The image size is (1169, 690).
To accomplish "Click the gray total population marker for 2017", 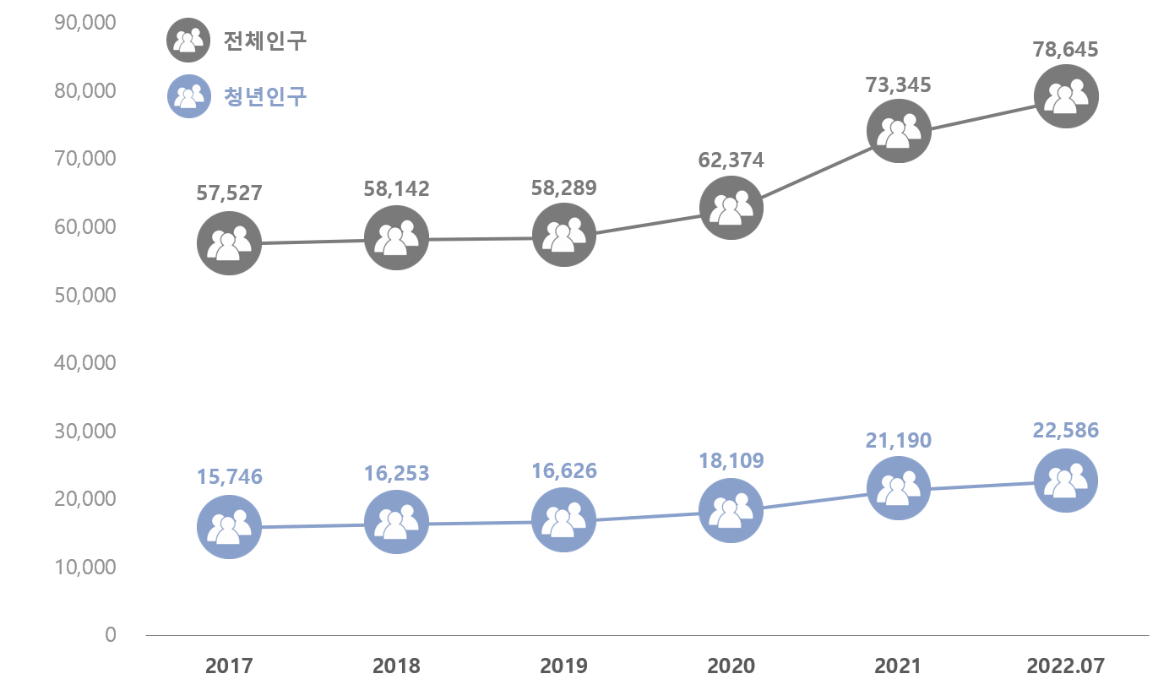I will point(229,243).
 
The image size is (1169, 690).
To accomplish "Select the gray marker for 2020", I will point(731,208).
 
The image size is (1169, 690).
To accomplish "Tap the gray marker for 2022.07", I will point(1066,97).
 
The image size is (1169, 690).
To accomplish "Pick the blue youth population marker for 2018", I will point(396,523).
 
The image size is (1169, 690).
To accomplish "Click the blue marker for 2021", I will point(899,488).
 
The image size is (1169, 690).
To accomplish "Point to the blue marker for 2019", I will point(564,520).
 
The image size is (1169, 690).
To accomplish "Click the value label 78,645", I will point(1066,50).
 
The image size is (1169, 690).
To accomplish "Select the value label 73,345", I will point(899,84).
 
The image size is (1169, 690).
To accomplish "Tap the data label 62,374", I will point(731,160).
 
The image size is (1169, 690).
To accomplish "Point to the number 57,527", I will point(229,193).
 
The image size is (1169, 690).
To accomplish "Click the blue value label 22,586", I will point(1066,431).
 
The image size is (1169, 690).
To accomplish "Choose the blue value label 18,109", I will point(731,461).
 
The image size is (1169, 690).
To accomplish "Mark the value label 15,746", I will point(229,476).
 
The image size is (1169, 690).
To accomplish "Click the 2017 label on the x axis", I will point(229,666).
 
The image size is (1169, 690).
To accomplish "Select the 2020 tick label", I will point(731,666).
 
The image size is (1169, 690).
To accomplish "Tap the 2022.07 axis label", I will point(1066,666).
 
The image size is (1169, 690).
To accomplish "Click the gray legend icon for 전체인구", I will point(188,40).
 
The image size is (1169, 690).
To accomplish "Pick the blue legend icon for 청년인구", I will point(188,96).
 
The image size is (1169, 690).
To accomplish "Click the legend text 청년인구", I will point(265,96).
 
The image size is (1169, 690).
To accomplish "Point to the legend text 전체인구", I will point(265,40).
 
